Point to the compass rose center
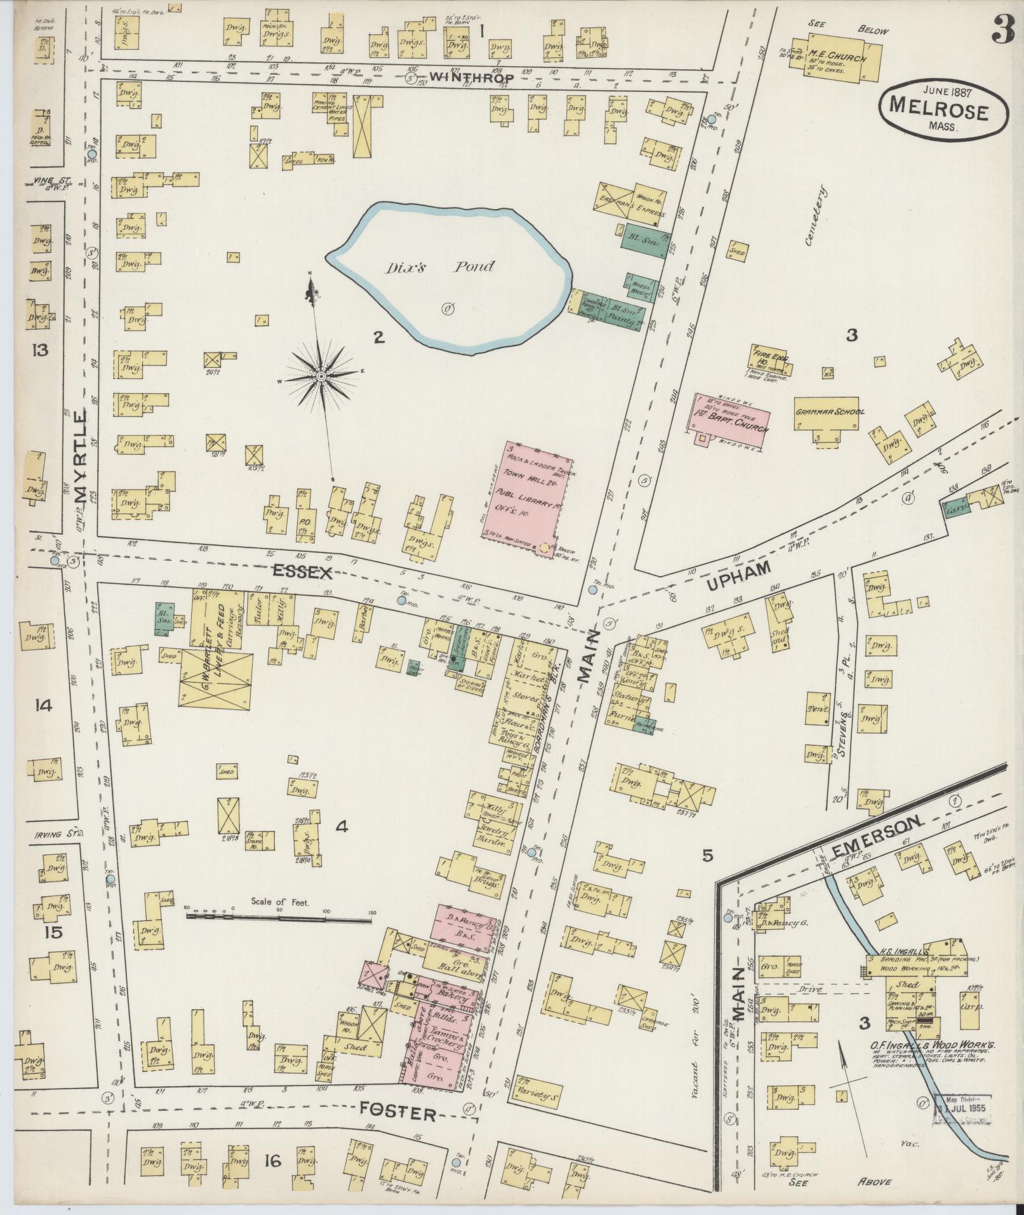pos(321,377)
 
